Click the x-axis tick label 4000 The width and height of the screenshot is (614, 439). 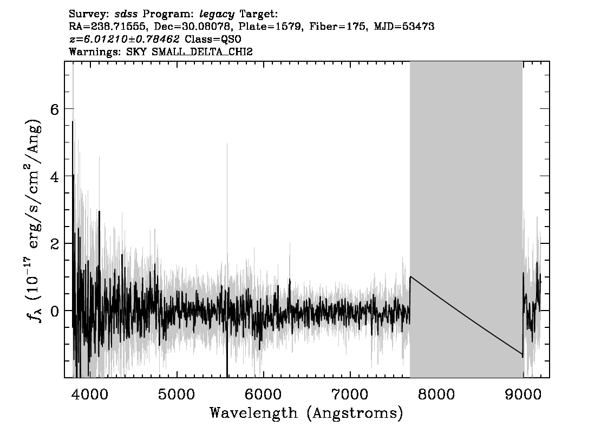tap(90, 394)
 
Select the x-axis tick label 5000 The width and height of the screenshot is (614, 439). tap(176, 394)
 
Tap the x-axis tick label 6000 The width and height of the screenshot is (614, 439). tap(263, 394)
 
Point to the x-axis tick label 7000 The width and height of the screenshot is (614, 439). tap(349, 394)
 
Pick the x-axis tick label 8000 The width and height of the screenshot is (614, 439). tap(436, 394)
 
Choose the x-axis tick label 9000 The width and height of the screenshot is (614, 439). tap(522, 394)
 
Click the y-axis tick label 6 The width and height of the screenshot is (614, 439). tap(55, 109)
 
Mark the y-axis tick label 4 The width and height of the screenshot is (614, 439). tap(55, 177)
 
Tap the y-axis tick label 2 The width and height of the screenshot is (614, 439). tap(55, 244)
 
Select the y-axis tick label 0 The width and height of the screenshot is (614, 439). tap(55, 312)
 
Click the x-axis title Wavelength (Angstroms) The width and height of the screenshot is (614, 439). tap(306, 414)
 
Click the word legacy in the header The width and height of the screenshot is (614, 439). tap(217, 15)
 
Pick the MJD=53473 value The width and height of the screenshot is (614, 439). tap(404, 27)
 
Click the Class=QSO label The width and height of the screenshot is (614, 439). tap(213, 39)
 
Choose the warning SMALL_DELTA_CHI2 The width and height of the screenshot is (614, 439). tap(202, 51)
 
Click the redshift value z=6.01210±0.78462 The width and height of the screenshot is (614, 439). tap(124, 39)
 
